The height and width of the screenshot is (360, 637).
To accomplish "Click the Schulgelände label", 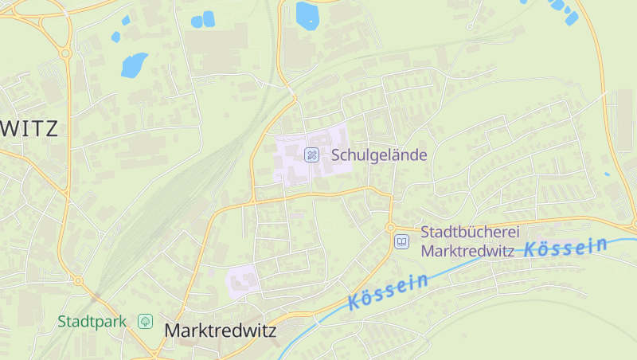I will [379, 155].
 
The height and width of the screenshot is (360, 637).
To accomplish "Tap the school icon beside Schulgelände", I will [312, 155].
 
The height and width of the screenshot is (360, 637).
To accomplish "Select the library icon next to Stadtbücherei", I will [402, 241].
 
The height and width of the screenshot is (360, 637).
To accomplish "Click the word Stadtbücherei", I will [470, 232].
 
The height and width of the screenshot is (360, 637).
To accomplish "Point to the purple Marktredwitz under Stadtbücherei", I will [468, 251].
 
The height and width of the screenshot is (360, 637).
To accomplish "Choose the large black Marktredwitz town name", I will [220, 330].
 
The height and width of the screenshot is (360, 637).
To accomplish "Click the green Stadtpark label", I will [92, 322].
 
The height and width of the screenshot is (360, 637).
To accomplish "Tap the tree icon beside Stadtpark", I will [145, 322].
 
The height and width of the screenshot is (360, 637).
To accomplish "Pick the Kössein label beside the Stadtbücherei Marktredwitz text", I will [565, 248].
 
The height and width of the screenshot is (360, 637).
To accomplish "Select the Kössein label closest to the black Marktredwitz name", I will [388, 292].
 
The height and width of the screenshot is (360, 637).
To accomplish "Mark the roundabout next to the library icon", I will [391, 228].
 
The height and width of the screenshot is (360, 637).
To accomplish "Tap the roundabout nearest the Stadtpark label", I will [78, 280].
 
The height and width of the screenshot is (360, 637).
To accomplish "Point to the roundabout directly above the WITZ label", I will [65, 53].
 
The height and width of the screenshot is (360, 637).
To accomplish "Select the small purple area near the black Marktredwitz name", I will [243, 280].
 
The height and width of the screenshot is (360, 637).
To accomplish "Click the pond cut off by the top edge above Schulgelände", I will [307, 14].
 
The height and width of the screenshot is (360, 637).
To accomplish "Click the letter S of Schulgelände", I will [336, 155].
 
